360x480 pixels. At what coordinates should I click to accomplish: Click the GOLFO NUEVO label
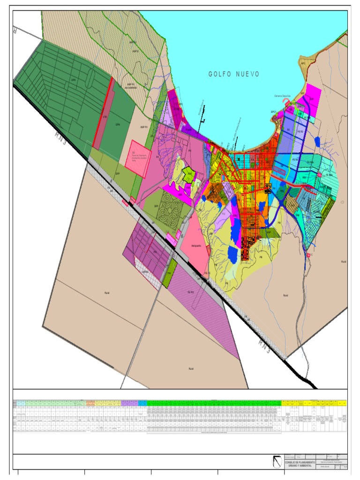click(234, 74)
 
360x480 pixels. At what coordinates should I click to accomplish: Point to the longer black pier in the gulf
click(237, 127)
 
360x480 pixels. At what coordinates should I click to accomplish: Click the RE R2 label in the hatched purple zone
click(191, 292)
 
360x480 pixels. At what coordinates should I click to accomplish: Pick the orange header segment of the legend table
click(90, 403)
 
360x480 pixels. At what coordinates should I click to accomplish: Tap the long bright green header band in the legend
click(213, 403)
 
